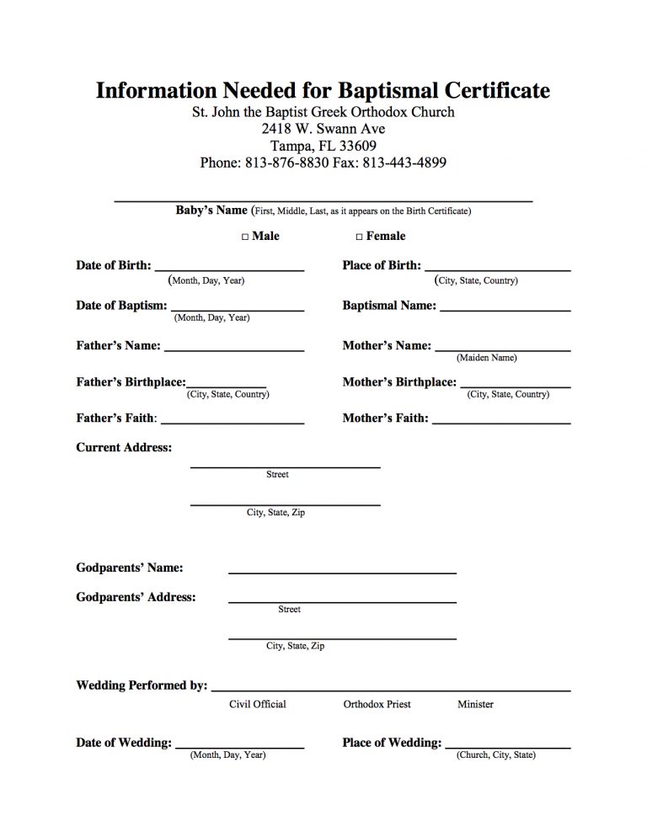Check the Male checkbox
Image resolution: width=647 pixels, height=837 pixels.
(245, 237)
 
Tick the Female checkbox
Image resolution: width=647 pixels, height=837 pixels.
(360, 237)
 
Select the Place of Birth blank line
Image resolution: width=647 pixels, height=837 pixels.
(497, 268)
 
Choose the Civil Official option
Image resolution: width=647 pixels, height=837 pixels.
(258, 704)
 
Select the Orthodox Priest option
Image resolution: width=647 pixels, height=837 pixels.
(377, 704)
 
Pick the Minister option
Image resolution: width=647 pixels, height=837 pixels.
(475, 704)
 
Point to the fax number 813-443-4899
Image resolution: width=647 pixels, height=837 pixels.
(404, 163)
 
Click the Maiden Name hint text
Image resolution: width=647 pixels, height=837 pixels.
(487, 358)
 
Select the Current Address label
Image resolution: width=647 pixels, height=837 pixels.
(124, 447)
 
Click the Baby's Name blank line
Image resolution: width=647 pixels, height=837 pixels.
(323, 200)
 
